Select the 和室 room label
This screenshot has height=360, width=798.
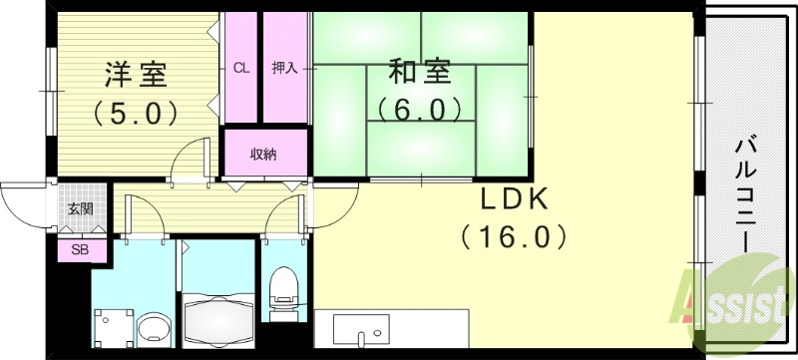419,73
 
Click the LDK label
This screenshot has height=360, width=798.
515,199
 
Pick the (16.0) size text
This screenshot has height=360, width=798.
515,236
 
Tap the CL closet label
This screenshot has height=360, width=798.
240,69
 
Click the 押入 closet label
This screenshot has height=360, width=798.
284,69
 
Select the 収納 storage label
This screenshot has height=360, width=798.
263,154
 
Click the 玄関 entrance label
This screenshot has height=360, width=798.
81,209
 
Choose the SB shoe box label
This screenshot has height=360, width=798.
79,249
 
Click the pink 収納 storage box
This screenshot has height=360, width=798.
263,154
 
